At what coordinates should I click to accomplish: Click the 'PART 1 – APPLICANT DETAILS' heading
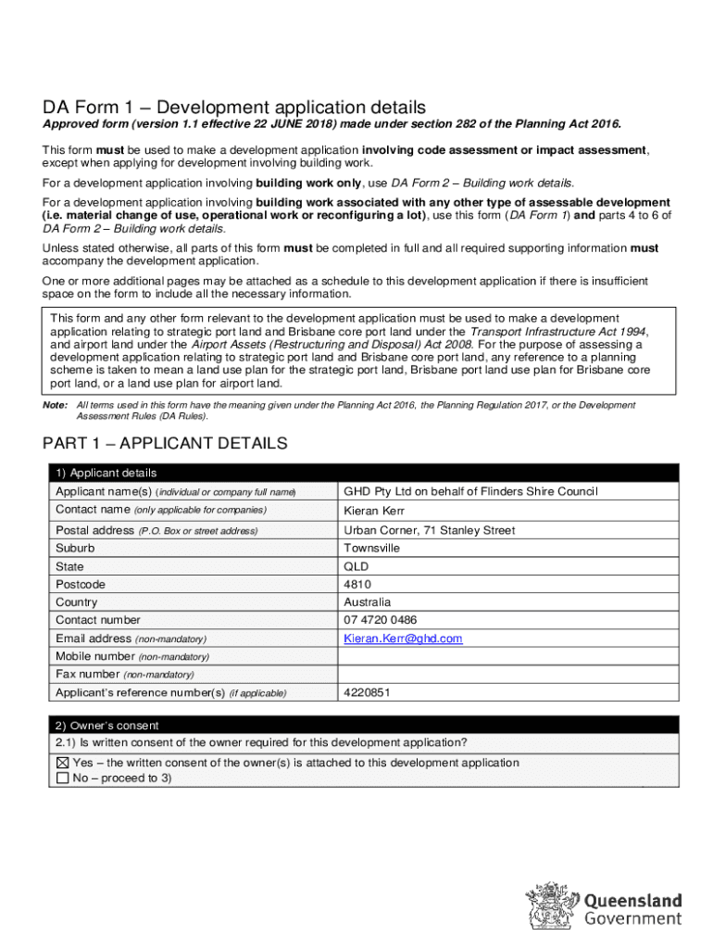[165, 444]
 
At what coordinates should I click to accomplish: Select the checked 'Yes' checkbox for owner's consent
[63, 763]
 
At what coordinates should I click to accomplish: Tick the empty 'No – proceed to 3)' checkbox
[63, 778]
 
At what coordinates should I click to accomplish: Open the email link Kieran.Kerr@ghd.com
[403, 639]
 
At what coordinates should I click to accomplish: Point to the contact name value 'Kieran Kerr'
[374, 511]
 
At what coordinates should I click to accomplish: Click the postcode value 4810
[357, 585]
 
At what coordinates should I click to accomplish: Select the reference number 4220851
[367, 692]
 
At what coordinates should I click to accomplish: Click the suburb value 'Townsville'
[372, 548]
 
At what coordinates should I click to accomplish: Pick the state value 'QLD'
[356, 566]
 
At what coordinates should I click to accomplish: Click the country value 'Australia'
[367, 602]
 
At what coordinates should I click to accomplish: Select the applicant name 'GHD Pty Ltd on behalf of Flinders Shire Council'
[470, 491]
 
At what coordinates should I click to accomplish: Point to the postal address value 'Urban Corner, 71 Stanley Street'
[430, 530]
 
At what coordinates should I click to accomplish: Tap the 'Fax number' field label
[87, 675]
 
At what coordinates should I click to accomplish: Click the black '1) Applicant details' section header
[106, 473]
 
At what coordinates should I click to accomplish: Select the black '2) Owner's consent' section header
[106, 726]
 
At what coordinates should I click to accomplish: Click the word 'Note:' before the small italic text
[55, 406]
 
